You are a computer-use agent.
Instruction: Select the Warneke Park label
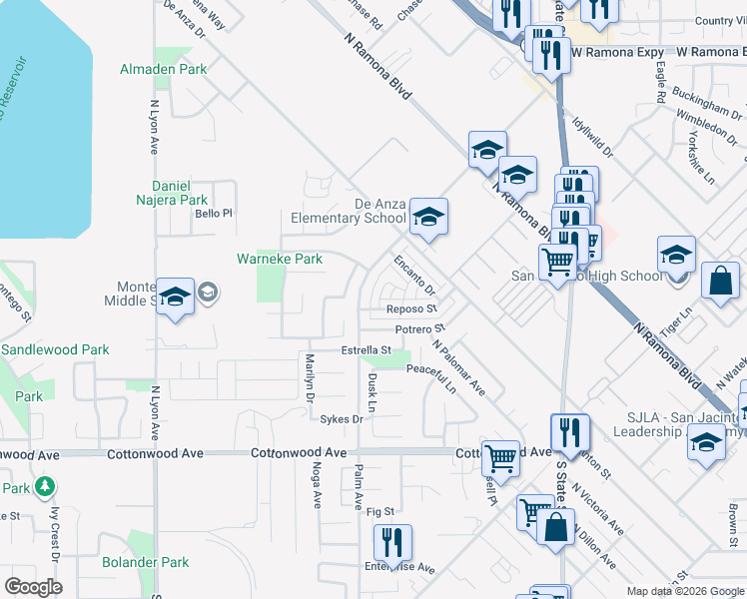pyautogui.click(x=279, y=259)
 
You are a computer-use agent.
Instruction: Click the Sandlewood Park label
pyautogui.click(x=55, y=350)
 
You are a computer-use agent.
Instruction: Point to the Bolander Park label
pyautogui.click(x=146, y=562)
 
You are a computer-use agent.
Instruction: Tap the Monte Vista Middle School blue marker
pyautogui.click(x=176, y=297)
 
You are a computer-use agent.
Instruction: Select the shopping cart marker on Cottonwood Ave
pyautogui.click(x=500, y=458)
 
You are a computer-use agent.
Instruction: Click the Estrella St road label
pyautogui.click(x=366, y=350)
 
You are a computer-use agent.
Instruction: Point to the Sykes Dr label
pyautogui.click(x=341, y=419)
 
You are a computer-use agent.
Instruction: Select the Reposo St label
pyautogui.click(x=413, y=309)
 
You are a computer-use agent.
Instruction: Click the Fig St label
pyautogui.click(x=381, y=511)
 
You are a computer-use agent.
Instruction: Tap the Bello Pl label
pyautogui.click(x=213, y=213)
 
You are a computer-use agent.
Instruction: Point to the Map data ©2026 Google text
pyautogui.click(x=684, y=591)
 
